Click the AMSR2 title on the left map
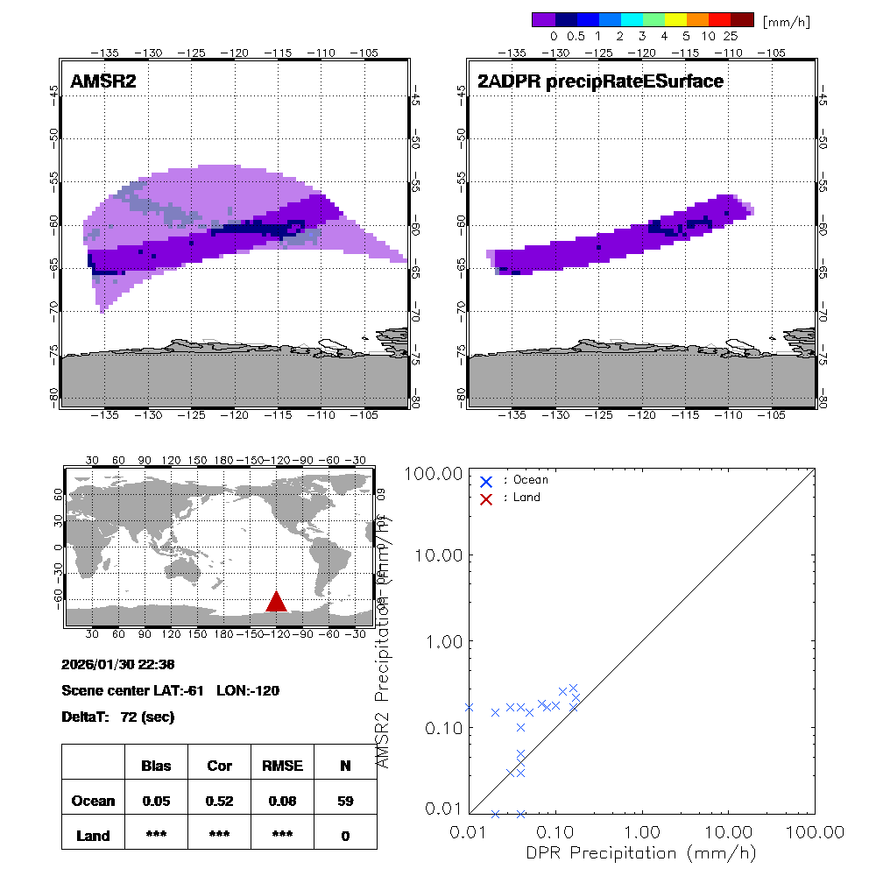coord(103,82)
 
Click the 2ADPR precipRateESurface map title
coord(600,82)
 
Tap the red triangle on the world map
coord(277,601)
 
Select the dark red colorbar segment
coord(742,19)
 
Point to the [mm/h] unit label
coord(786,20)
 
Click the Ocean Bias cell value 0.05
coord(156,801)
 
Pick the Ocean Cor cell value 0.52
coord(219,801)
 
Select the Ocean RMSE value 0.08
coord(282,801)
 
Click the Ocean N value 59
coord(345,801)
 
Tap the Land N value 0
coord(345,836)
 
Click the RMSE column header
coord(282,766)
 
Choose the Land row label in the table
coord(93,836)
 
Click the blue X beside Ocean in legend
coord(486,481)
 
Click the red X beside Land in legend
coord(486,498)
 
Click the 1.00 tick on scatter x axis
coord(643,831)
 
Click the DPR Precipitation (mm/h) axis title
coord(642,852)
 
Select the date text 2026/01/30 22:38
coord(118,663)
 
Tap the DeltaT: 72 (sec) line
coord(118,717)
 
